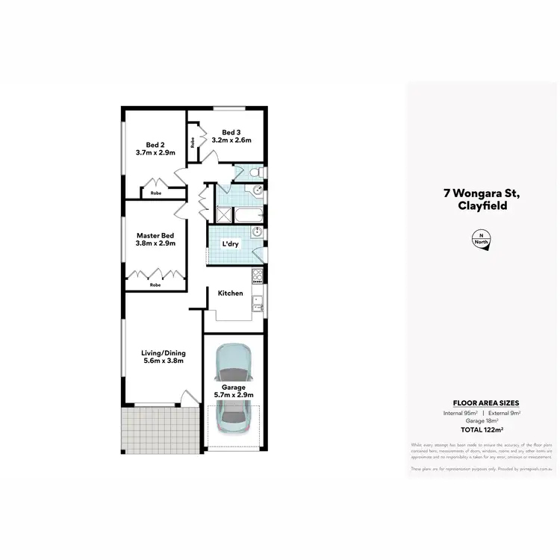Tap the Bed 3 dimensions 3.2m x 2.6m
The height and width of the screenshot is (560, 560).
point(231,140)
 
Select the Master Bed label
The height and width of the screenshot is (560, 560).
point(155,239)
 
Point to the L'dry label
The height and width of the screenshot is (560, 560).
point(230,244)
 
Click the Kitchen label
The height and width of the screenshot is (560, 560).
point(230,293)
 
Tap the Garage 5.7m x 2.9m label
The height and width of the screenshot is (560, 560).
point(233,391)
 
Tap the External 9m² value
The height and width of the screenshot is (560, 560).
point(505,412)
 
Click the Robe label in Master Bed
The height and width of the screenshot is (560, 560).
point(155,284)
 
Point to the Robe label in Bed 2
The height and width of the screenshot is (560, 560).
point(155,193)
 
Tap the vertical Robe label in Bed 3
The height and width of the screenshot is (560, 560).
point(193,142)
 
